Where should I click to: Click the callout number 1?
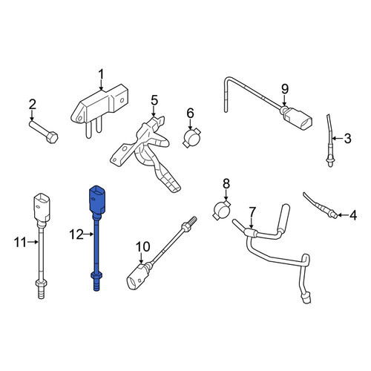[101, 75]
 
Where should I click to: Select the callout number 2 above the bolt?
[33, 105]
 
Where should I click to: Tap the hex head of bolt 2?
[52, 137]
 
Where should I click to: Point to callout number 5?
[154, 101]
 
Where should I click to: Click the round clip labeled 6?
[191, 138]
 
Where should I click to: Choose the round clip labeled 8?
[221, 210]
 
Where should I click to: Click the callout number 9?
[285, 89]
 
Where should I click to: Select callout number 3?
[347, 138]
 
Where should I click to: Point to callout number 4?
[353, 215]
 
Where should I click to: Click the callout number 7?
[252, 212]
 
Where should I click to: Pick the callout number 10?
[142, 246]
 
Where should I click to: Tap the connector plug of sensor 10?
[137, 276]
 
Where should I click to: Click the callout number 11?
[20, 243]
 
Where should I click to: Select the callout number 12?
[76, 234]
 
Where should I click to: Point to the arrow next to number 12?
[89, 234]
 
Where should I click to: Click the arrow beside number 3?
[338, 138]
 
